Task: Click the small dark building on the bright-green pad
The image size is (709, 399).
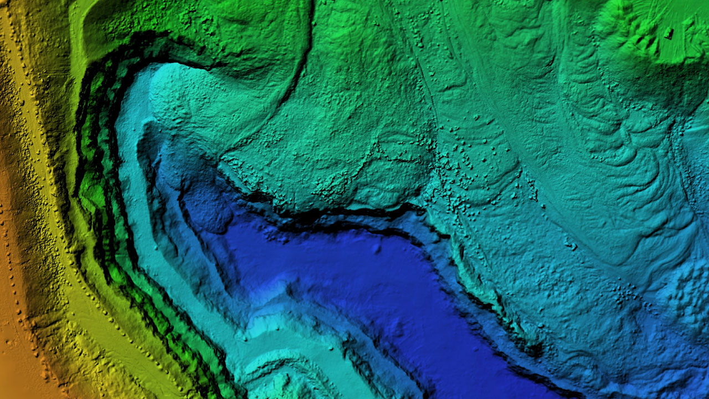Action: tap(669, 33)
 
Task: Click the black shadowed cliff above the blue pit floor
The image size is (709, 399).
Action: tap(332, 213)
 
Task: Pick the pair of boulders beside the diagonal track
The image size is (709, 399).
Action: tap(571, 245)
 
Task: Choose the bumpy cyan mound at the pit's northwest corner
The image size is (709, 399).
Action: tap(177, 100)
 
